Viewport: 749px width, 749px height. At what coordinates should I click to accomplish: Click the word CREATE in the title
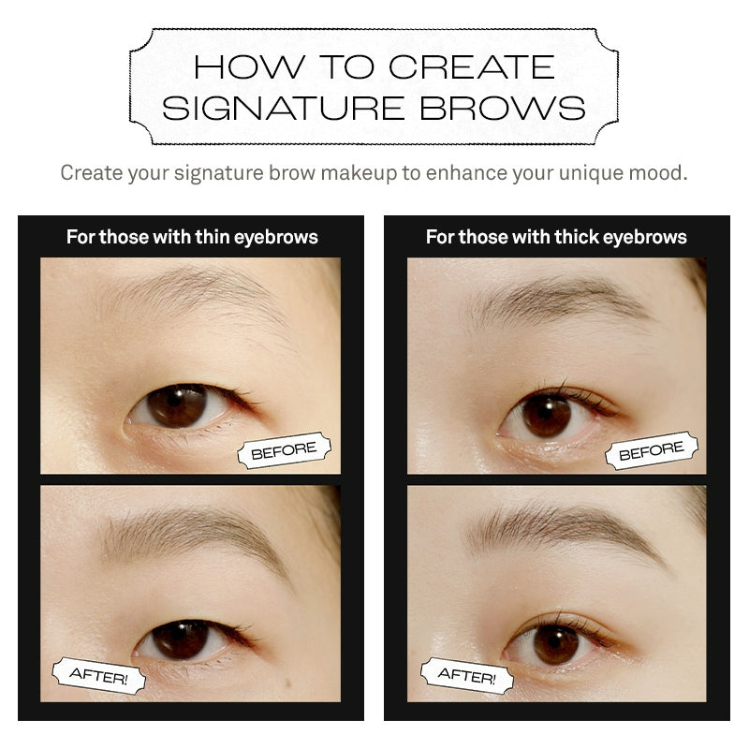coord(472,66)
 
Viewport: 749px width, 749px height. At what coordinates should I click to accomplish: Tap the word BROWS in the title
coord(503,108)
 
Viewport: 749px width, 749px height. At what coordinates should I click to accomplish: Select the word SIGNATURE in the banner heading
coord(284,108)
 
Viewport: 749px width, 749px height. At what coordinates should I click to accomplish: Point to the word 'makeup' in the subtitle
coord(359,173)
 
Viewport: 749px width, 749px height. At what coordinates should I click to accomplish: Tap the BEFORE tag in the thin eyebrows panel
coord(285,450)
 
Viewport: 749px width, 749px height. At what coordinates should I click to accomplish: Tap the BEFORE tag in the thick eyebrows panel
coord(652,450)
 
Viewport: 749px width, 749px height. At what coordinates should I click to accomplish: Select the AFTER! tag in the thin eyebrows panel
coord(98,675)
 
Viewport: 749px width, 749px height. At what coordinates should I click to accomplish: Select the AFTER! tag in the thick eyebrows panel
coord(467,675)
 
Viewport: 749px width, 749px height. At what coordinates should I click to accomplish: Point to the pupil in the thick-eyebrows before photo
coord(547,413)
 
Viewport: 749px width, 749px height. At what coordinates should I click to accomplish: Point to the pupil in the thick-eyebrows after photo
coord(557,642)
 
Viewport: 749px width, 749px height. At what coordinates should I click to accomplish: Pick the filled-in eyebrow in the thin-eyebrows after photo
coord(191,535)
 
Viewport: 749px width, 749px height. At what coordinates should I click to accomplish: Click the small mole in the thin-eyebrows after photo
coord(288,680)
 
